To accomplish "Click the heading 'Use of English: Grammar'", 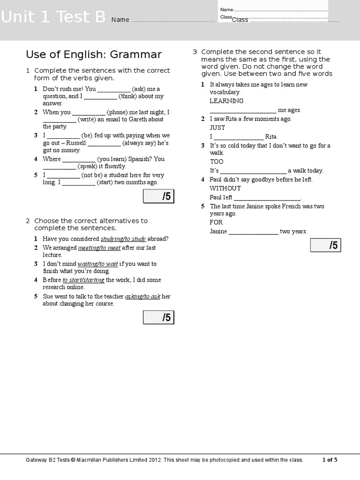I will coord(94,55).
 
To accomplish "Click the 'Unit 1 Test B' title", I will coord(53,17).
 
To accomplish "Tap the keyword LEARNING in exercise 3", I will coord(226,101).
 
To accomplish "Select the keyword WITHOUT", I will coord(225,188).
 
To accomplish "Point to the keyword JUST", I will coord(217,127).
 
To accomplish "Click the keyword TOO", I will coord(217,162).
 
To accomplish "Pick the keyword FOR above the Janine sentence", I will coord(216,222).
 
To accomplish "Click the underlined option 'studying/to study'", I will coord(123,239).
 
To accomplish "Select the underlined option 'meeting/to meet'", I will coord(99,247).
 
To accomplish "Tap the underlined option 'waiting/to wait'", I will coord(97,264).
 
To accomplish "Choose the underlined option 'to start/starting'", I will coord(83,280).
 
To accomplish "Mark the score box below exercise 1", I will coord(158,196).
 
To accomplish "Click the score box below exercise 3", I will coord(325,245).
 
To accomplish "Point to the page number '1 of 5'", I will coord(330,460).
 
